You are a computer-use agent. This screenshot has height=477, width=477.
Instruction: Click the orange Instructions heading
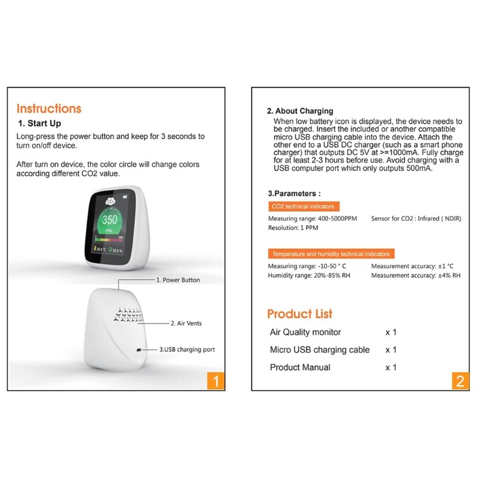tap(49, 109)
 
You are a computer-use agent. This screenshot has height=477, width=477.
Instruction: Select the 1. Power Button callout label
tap(178, 280)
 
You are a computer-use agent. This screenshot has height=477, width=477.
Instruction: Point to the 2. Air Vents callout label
tap(186, 323)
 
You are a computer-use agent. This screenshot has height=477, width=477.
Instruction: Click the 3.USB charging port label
tap(187, 349)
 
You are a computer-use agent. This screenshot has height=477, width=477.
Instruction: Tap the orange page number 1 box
tap(216, 380)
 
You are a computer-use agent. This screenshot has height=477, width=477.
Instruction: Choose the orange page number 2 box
tap(459, 380)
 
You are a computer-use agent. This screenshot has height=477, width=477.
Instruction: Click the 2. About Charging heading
tap(300, 111)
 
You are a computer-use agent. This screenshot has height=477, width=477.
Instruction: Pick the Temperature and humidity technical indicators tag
tap(331, 253)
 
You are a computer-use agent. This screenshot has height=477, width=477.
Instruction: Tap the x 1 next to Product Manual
tap(391, 367)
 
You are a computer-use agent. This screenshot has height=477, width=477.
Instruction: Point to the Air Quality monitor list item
tap(305, 332)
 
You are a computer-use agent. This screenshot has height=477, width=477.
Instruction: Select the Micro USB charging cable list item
tap(320, 349)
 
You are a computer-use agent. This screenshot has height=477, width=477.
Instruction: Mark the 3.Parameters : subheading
tap(294, 193)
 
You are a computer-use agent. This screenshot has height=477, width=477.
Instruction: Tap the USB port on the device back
tap(139, 350)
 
